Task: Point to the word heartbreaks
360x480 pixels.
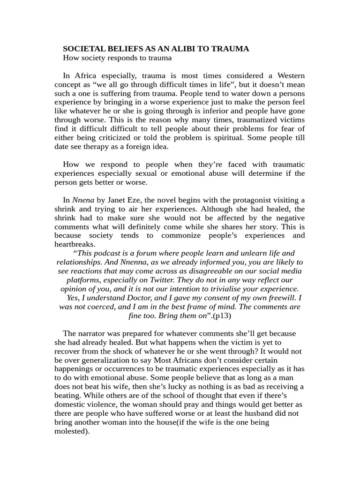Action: (x=75, y=244)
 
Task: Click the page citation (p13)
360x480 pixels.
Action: (x=222, y=315)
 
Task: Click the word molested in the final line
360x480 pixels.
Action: (x=71, y=431)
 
